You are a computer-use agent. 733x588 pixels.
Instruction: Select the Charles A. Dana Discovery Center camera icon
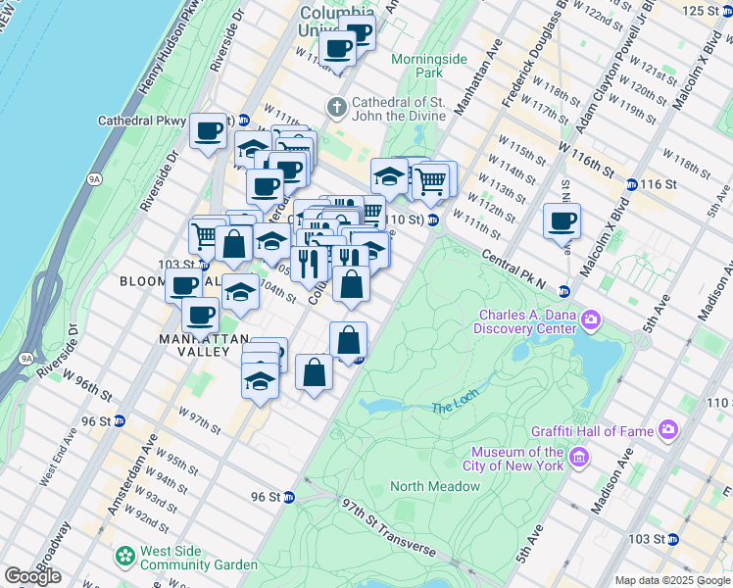coord(591,320)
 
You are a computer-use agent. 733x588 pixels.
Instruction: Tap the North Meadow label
coord(434,486)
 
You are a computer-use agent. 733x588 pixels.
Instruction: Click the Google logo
coord(32,576)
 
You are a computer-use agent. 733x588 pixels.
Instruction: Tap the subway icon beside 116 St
coord(632,184)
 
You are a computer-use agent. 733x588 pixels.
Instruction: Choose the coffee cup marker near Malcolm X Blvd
coord(562,220)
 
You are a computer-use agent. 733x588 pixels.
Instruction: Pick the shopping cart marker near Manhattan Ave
coord(431,179)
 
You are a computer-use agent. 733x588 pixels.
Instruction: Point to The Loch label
coord(452,407)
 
